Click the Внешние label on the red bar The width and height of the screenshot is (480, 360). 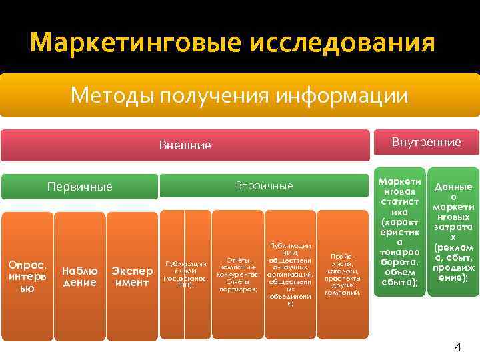click(185, 145)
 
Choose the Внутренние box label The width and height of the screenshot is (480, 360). click(426, 142)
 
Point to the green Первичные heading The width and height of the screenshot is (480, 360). click(79, 186)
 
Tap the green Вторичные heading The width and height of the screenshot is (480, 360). click(264, 185)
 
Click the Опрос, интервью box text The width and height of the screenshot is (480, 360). click(27, 277)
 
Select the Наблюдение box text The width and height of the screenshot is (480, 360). click(79, 277)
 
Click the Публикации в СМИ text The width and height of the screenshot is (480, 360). click(185, 274)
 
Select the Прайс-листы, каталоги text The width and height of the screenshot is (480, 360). click(343, 274)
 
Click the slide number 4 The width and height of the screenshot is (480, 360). click(457, 347)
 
